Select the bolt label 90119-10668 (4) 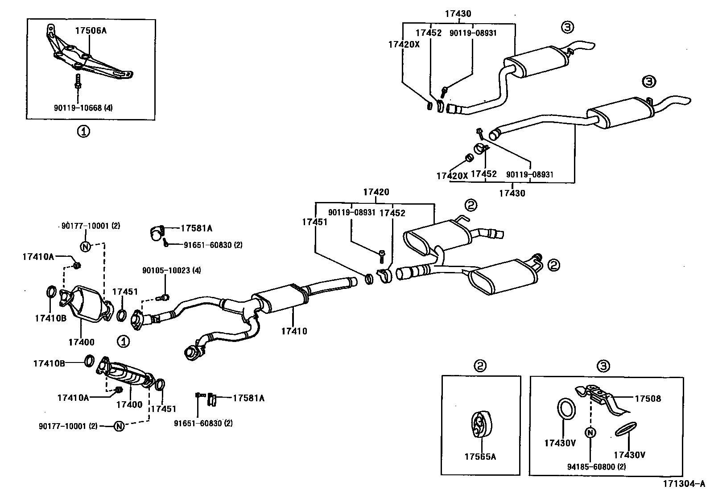click(x=83, y=107)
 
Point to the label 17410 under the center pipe click(x=294, y=331)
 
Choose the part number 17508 click(x=648, y=399)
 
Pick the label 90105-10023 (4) click(x=165, y=270)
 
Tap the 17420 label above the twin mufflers click(x=376, y=192)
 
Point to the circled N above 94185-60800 click(x=590, y=432)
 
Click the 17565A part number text click(x=480, y=456)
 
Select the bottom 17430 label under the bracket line click(x=512, y=193)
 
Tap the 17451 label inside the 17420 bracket click(x=315, y=222)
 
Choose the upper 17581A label click(x=196, y=228)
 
